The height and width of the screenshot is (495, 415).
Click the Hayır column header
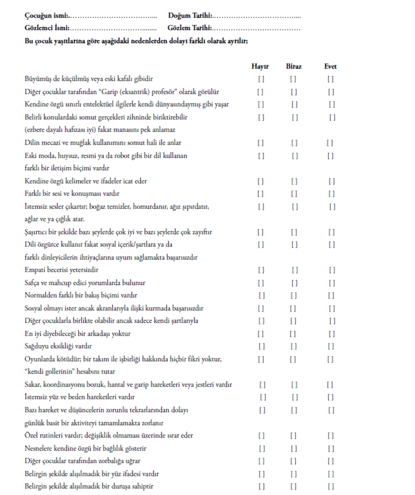pos(260,67)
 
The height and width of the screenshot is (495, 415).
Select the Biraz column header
pos(294,67)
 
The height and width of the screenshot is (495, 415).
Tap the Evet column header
pos(331,67)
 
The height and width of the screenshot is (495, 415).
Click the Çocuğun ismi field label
pos(46,16)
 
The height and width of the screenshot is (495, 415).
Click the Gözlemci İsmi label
pos(47,29)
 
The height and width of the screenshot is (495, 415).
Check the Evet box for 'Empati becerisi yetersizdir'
pos(332,270)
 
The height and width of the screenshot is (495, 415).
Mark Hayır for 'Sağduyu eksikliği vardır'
pos(261,347)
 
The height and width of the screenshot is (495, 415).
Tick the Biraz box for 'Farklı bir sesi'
pos(294,194)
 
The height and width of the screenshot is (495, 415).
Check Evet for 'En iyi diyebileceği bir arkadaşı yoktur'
pos(332,334)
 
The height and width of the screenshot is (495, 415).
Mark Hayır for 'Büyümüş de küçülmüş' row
pos(261,79)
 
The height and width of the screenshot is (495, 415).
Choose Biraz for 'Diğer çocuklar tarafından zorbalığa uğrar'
pos(293,461)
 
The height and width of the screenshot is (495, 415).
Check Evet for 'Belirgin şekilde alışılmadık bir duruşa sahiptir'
pos(331,487)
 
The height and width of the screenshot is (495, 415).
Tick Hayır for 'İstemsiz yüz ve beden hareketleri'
pos(263,397)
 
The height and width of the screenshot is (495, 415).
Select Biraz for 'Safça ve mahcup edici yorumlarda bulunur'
pos(295,283)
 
